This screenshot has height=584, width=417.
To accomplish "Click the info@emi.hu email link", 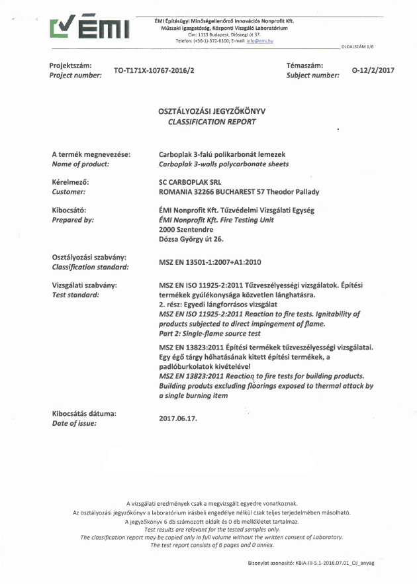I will click(260, 40).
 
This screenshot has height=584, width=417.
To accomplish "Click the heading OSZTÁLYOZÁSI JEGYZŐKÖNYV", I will click(208, 112).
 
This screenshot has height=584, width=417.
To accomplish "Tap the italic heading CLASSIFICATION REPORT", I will click(208, 122).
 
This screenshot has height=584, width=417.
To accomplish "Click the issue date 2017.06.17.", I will click(179, 418).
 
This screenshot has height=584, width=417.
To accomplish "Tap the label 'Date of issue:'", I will click(74, 423).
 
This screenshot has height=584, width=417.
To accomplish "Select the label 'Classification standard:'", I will click(90, 267).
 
